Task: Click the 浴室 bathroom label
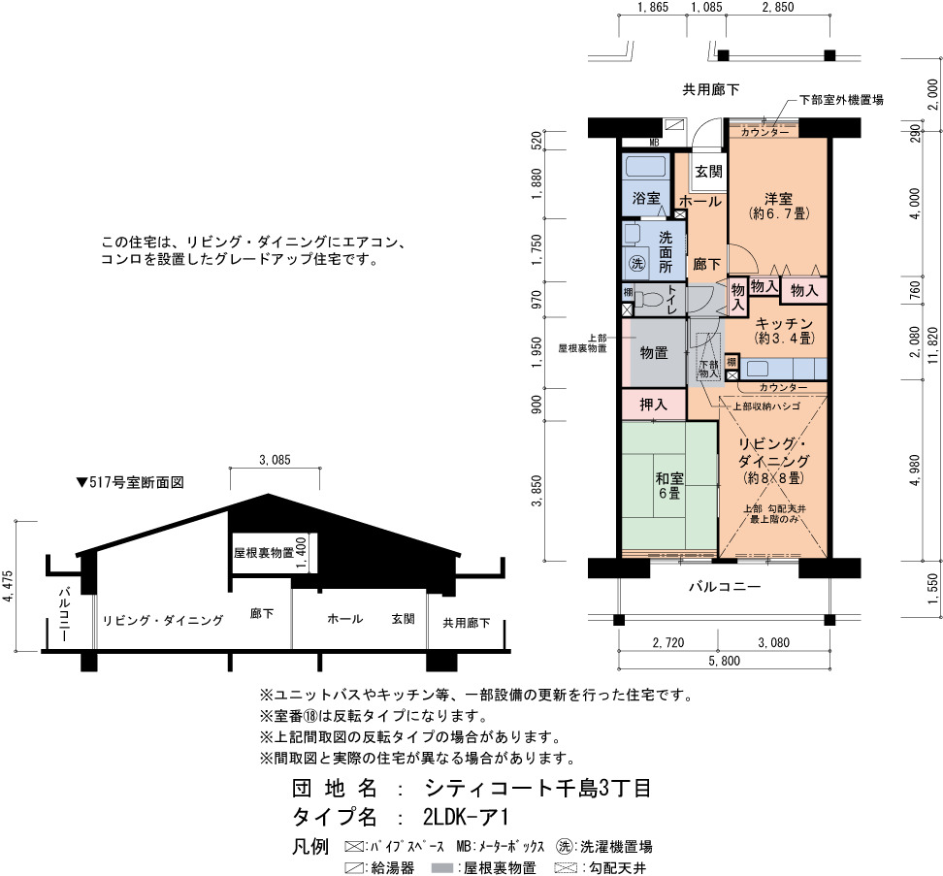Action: point(646,198)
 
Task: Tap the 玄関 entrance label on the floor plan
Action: point(708,172)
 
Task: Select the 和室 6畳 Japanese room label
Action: point(668,486)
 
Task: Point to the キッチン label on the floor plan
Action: point(784,323)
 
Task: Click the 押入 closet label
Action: point(653,404)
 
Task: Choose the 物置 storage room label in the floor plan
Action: point(654,352)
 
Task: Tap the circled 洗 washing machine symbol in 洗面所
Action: point(636,263)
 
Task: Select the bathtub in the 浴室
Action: point(645,166)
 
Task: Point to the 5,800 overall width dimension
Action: point(724,661)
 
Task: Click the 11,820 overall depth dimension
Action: point(932,345)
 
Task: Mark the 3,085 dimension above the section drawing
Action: point(275,460)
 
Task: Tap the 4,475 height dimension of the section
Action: point(8,586)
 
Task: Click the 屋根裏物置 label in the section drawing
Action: point(264,552)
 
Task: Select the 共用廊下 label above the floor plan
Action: point(711,89)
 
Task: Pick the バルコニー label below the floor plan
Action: point(725,586)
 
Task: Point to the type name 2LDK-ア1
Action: point(466,817)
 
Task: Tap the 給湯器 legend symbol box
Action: point(354,868)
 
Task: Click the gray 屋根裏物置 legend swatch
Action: point(442,868)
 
